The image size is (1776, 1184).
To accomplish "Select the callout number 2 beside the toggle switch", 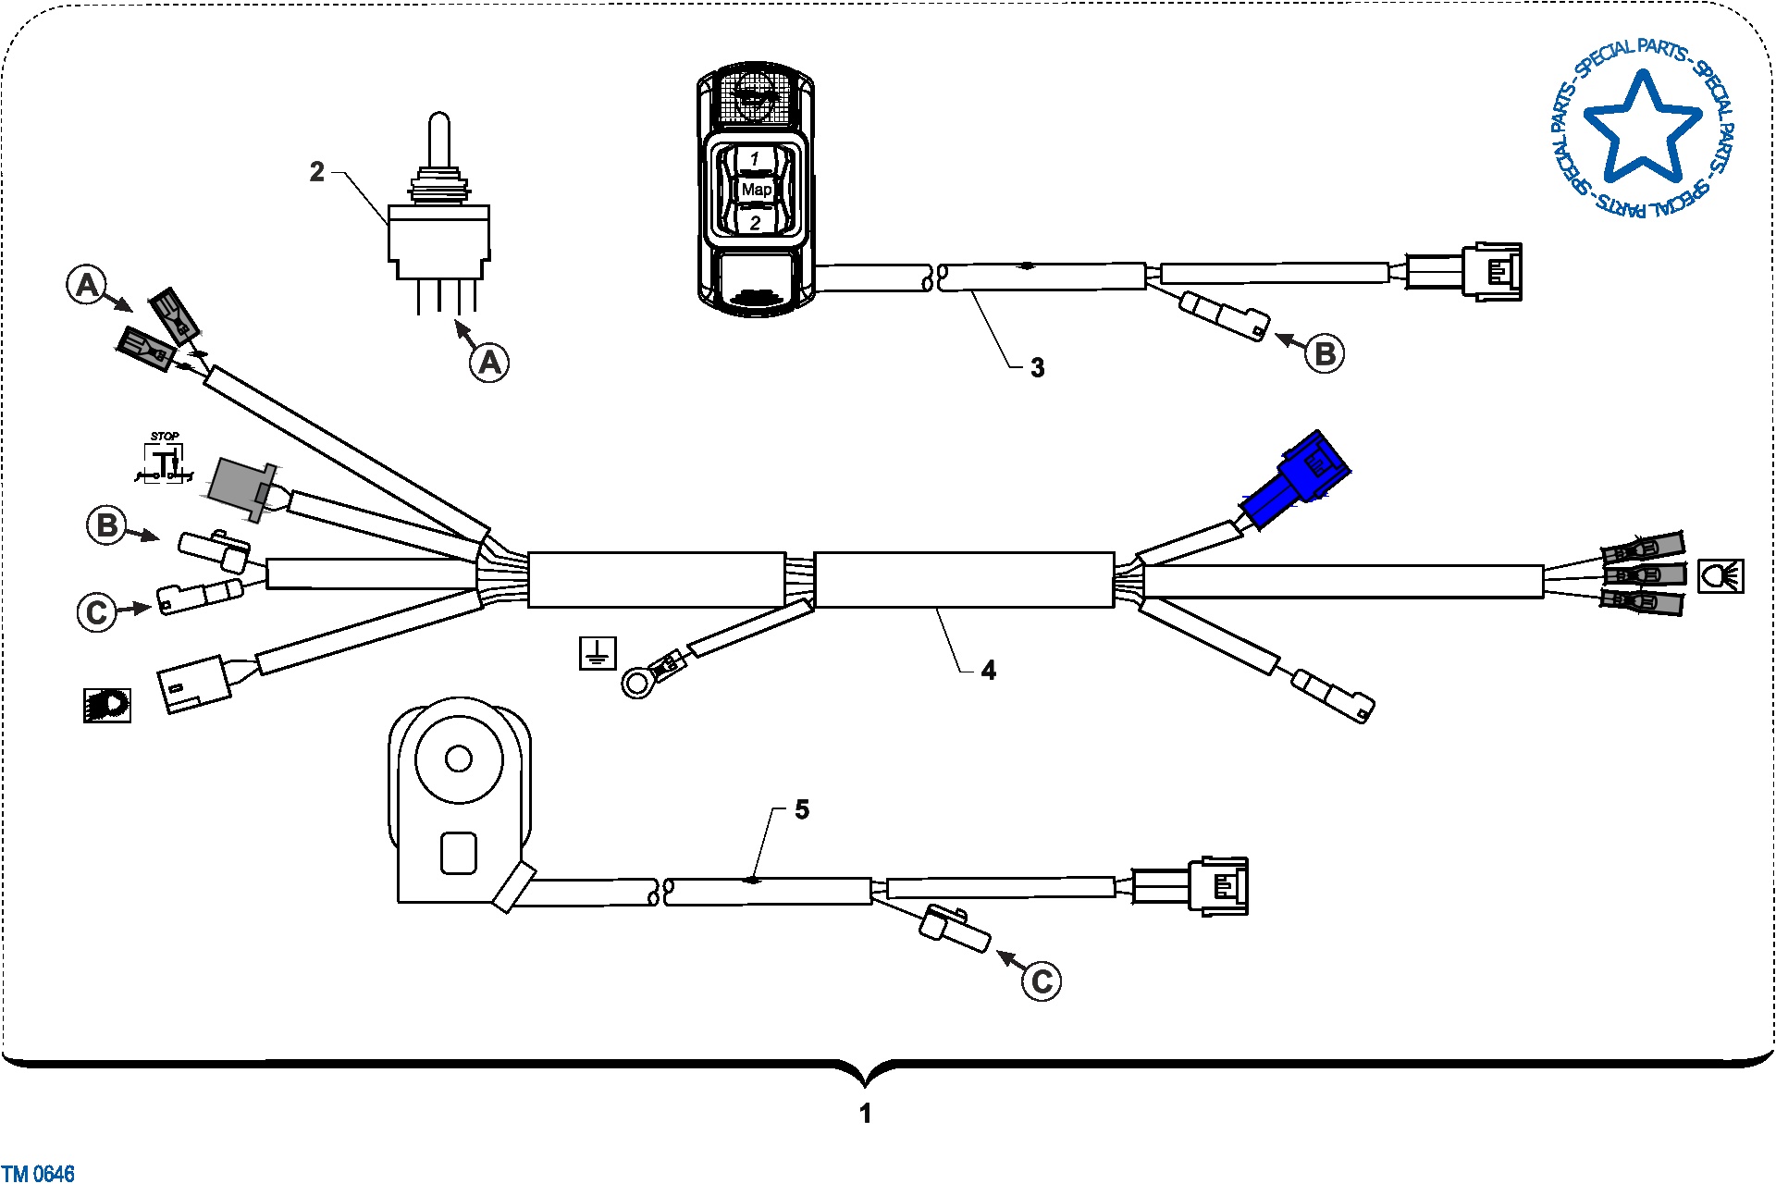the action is point(317,172).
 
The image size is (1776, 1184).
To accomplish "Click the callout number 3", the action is point(1038,368).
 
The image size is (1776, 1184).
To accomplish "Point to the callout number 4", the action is point(989,671).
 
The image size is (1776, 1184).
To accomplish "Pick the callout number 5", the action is point(802,809).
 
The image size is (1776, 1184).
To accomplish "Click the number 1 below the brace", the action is point(866,1114).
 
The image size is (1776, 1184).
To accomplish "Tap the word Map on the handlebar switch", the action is point(757,189).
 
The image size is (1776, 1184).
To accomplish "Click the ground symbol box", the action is point(598,654).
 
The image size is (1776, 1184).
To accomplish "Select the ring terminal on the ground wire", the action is point(637,684).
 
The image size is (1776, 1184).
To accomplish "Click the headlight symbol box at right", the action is point(1721,576).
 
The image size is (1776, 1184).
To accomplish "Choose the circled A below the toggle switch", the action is point(489,362).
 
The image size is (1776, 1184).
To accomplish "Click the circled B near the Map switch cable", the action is point(1325,353).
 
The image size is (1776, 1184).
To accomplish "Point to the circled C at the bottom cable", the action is point(1042,981).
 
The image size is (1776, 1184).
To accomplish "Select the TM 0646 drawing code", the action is point(38,1174).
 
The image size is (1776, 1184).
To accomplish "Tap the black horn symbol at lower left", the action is point(107,706).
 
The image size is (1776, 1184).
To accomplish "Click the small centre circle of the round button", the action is point(459,759).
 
